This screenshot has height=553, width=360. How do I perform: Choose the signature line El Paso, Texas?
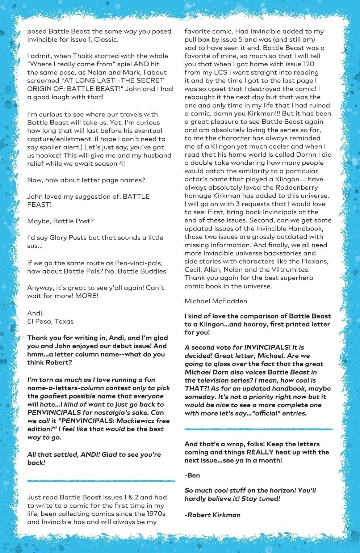click(x=50, y=321)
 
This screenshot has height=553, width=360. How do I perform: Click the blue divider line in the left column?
click(x=101, y=481)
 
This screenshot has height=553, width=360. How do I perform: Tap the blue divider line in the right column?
click(x=258, y=429)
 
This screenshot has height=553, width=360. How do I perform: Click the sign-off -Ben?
click(x=192, y=475)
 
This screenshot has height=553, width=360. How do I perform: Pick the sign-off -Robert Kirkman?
click(x=213, y=515)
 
